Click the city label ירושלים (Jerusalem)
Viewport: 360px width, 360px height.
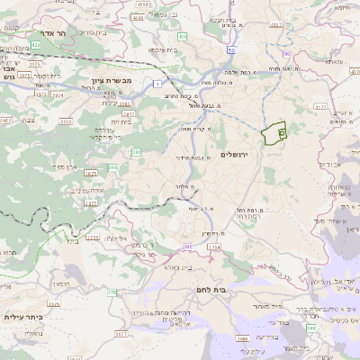[x=238, y=155]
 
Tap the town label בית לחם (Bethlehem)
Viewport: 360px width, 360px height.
[x=209, y=289]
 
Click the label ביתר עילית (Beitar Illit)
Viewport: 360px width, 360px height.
[x=26, y=317]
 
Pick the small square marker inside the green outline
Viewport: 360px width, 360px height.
[x=281, y=133]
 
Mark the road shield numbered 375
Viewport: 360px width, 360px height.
[x=111, y=292]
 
